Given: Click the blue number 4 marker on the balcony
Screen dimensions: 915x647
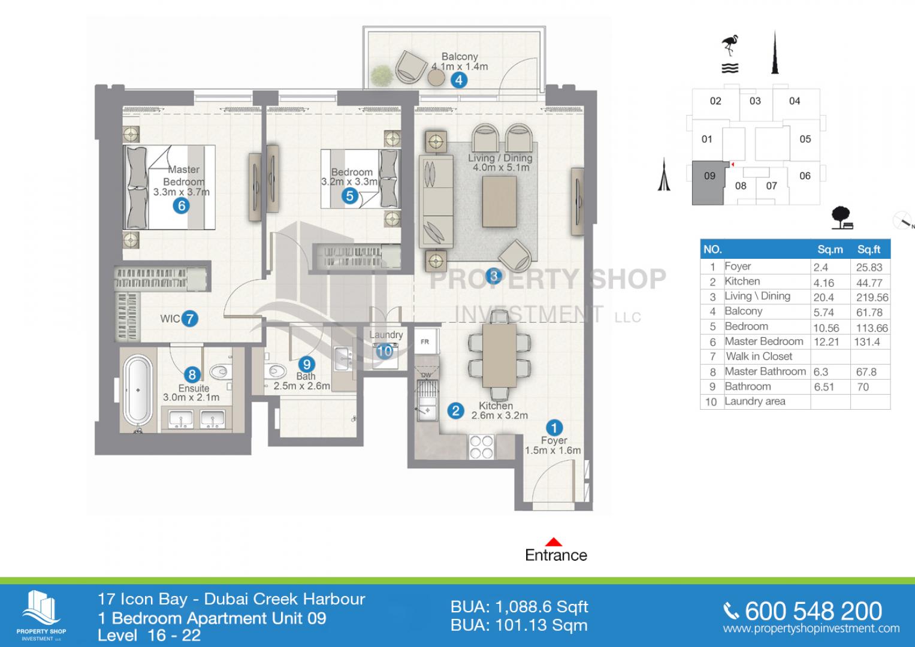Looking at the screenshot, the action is coord(459,80).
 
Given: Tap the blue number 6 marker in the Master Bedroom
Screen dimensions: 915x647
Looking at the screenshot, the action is coord(182,205).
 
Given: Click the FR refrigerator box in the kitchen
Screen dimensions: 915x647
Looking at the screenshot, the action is coord(425,341).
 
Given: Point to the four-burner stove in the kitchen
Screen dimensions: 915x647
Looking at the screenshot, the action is coord(481,447).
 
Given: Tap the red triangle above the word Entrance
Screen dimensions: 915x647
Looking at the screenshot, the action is coord(554,542).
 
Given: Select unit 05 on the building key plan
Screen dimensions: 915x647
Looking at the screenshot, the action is coord(805,139).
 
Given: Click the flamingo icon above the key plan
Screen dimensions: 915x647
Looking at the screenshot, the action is coord(730,46).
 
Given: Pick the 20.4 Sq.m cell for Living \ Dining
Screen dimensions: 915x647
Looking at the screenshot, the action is coord(823,297).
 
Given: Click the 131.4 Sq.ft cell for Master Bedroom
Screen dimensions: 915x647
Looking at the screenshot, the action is coord(867,342).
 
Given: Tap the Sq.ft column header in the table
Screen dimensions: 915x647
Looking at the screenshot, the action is coord(869,249).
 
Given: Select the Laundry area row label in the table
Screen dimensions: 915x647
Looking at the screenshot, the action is coord(755,401).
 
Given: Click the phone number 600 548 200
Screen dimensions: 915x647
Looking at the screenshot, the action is coord(813,612).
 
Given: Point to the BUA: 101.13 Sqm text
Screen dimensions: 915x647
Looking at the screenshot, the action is coord(519,625).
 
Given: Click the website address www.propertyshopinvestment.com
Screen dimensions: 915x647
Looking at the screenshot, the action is coord(811,628).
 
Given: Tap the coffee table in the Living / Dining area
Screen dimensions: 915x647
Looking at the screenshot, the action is coord(499,201).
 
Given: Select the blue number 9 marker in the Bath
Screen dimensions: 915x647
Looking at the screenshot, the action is coord(306,364).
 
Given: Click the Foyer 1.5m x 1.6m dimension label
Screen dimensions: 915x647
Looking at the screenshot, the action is coord(553,445).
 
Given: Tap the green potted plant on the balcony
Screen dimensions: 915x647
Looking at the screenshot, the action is coord(382,75).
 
